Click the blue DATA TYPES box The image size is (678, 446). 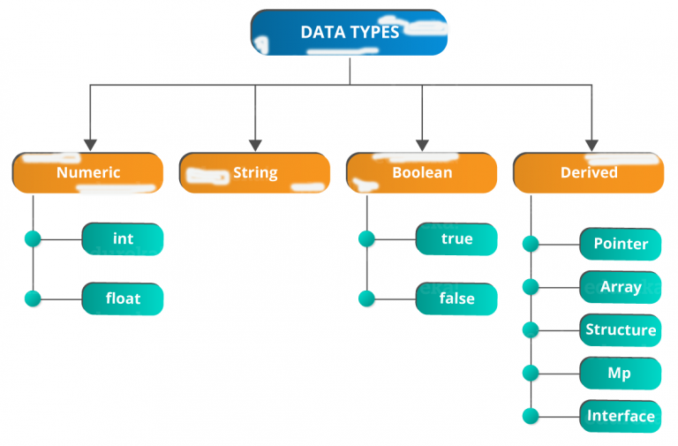[x=349, y=33]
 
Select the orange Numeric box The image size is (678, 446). [x=87, y=172]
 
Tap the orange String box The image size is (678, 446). [x=254, y=172]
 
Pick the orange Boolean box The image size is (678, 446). [x=422, y=172]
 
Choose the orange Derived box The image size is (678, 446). [x=589, y=172]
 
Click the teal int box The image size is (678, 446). [x=123, y=239]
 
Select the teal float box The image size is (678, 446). [x=123, y=299]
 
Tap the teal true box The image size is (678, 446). [x=456, y=239]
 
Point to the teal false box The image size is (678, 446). [x=456, y=299]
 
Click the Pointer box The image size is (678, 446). [x=621, y=244]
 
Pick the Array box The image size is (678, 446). [x=621, y=287]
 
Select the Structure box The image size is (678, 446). [x=621, y=330]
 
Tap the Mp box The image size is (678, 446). [x=621, y=374]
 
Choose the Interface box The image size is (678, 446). [x=621, y=416]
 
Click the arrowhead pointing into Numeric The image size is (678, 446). [x=90, y=146]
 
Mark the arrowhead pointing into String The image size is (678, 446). [x=255, y=146]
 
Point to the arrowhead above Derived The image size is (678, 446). [x=592, y=146]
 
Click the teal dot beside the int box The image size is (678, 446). [x=33, y=238]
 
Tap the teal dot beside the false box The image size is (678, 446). [x=366, y=299]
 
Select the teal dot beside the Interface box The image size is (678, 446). [x=531, y=416]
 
